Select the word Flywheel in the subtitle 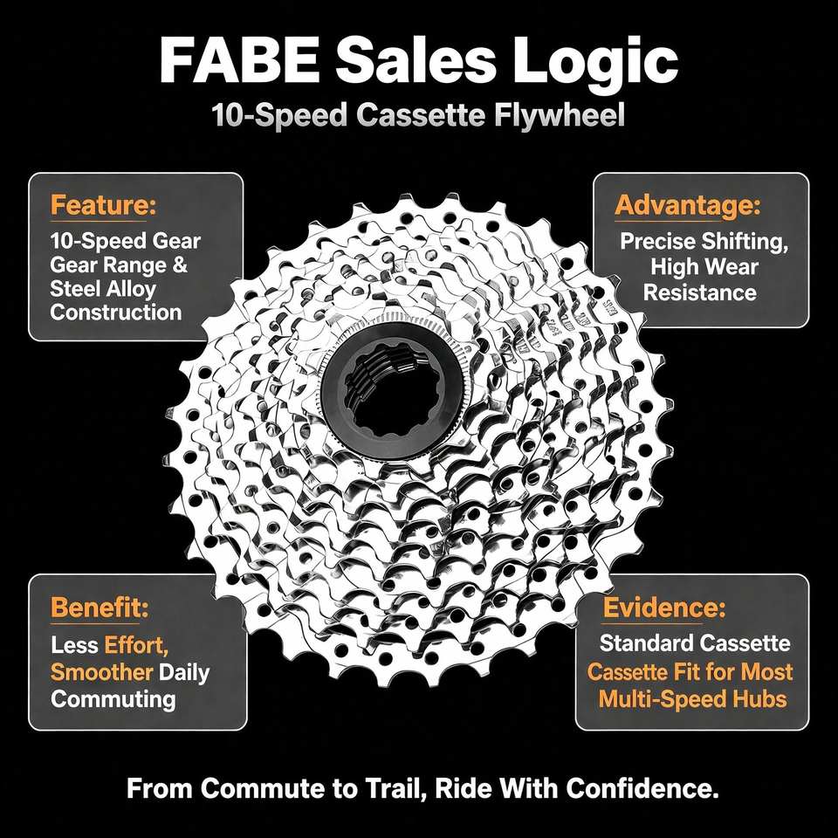(560, 115)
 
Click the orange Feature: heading (103, 204)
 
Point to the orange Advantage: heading (687, 206)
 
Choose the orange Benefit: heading (100, 608)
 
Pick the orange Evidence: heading (664, 608)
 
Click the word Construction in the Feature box (116, 313)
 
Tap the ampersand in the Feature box (180, 265)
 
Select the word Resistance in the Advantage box (699, 292)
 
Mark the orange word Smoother (101, 671)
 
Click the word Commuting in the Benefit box (113, 699)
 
